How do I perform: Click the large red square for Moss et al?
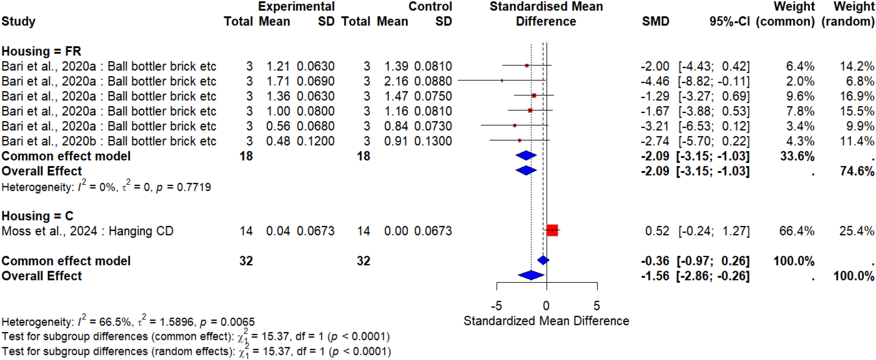tap(552, 230)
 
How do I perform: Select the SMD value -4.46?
tap(655, 81)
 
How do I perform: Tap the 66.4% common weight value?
tap(796, 231)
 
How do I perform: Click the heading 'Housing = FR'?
tap(41, 51)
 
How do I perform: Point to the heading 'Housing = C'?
tap(37, 216)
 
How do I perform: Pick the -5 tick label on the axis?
tap(496, 306)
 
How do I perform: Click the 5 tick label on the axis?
tap(597, 306)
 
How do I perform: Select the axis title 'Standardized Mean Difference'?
tap(546, 321)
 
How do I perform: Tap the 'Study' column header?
tap(18, 22)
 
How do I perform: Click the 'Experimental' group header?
tap(296, 7)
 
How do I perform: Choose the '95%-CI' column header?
tap(729, 22)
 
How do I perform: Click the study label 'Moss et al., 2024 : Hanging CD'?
tap(87, 231)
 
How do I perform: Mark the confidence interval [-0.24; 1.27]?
tap(714, 231)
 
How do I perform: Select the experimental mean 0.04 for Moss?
tap(278, 231)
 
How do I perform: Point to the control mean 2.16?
tap(396, 81)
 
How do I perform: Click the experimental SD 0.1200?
tap(316, 141)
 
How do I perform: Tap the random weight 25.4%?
tap(856, 231)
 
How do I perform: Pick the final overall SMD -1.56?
tap(655, 276)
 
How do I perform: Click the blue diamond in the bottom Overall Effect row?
tap(531, 275)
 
